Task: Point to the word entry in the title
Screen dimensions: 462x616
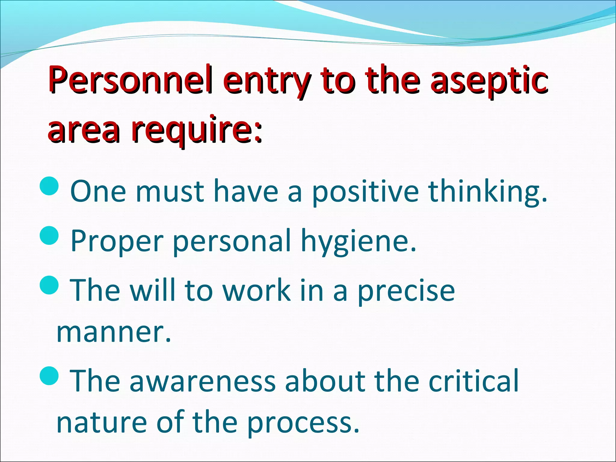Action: (266, 81)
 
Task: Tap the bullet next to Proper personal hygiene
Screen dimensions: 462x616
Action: (49, 236)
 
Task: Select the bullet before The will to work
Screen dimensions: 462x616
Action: (49, 285)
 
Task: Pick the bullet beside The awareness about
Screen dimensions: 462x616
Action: (49, 376)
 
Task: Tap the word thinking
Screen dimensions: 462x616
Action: (487, 192)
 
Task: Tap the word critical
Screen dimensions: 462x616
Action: (474, 381)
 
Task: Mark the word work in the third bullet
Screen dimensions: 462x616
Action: (257, 291)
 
